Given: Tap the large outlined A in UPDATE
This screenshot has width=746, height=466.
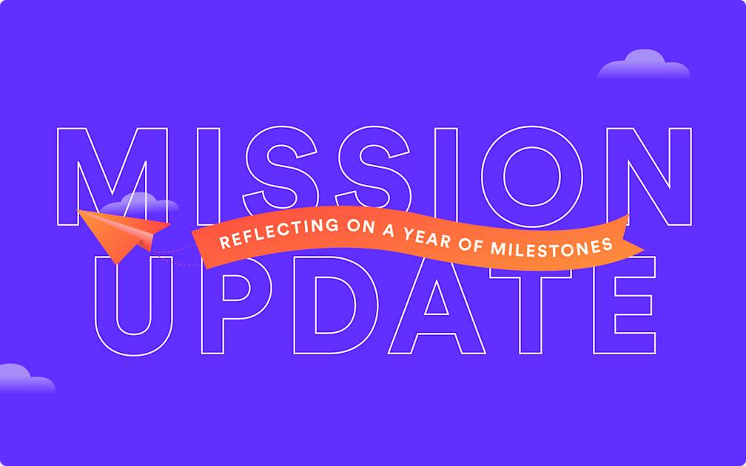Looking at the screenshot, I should [x=437, y=311].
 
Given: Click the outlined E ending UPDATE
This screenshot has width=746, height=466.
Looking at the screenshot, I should [x=622, y=311].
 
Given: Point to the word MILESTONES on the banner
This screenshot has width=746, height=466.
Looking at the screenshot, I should [x=551, y=246].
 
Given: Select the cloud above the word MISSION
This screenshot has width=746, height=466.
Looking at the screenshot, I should [x=642, y=66].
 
